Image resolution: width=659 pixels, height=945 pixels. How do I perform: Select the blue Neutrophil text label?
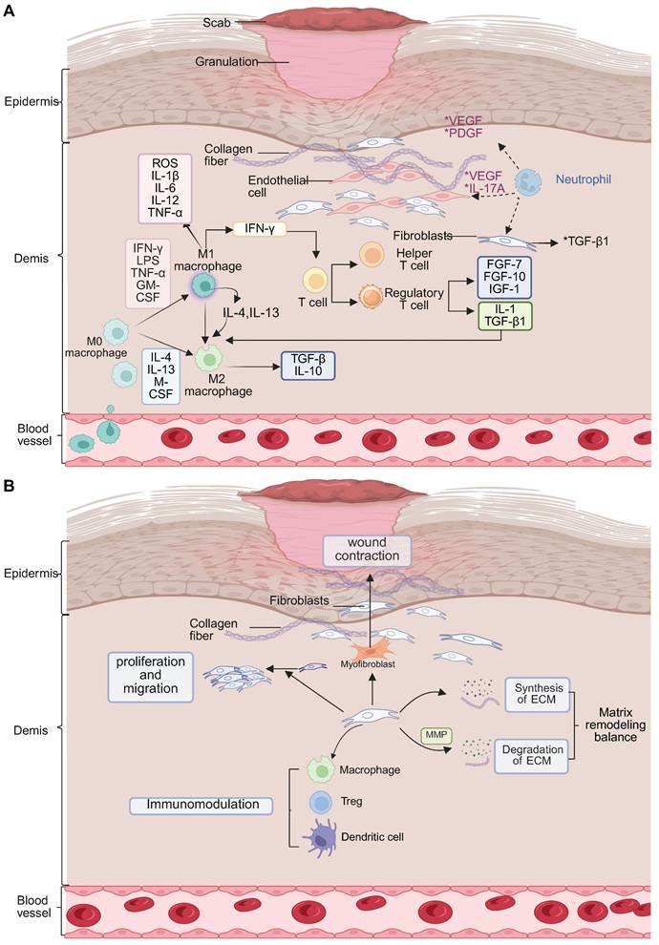[x=585, y=178]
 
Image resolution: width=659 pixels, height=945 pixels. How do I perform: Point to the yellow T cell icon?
[x=314, y=280]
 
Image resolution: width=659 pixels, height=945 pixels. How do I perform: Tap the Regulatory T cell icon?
[x=371, y=298]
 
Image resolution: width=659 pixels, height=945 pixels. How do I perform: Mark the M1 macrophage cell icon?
[x=203, y=283]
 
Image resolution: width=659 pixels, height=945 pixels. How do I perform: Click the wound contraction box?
[x=367, y=551]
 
